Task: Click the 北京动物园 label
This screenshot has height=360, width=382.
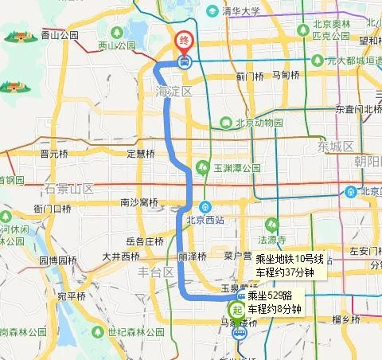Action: pyautogui.click(x=259, y=123)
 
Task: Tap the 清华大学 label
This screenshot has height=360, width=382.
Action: pyautogui.click(x=242, y=11)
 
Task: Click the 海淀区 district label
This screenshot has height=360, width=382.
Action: pyautogui.click(x=170, y=93)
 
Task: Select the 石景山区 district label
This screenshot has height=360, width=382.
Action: pyautogui.click(x=69, y=189)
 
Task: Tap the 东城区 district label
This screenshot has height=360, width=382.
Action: pyautogui.click(x=335, y=147)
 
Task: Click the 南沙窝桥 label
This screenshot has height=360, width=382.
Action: pyautogui.click(x=139, y=202)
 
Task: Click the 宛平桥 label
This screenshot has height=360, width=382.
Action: pyautogui.click(x=71, y=296)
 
